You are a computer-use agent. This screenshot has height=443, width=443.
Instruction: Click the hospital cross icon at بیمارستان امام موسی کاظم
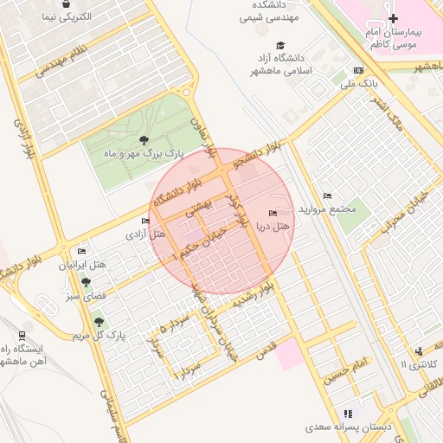coord(394,18)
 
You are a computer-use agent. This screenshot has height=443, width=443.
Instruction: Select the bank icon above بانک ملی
coord(358,71)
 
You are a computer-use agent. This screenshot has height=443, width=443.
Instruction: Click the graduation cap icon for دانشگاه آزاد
coord(279,45)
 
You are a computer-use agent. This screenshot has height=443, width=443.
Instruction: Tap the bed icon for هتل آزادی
coord(144,221)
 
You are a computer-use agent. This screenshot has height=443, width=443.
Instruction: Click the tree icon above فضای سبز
coord(86,281)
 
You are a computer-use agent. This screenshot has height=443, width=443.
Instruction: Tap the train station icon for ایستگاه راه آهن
coord(21,334)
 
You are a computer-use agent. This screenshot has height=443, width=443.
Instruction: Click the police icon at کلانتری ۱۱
coord(419,350)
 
